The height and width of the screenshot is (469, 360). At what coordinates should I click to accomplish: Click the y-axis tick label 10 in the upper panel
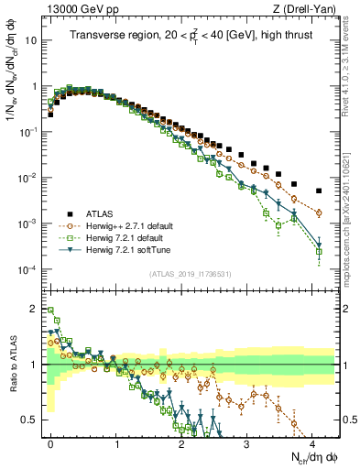[32, 40]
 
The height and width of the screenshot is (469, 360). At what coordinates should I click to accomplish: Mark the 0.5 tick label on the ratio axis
[30, 420]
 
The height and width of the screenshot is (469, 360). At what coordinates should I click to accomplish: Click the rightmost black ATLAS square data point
[319, 191]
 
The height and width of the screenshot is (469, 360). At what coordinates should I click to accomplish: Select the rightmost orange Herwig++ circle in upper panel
[319, 213]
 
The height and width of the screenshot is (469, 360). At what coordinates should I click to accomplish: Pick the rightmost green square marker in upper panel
[319, 251]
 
